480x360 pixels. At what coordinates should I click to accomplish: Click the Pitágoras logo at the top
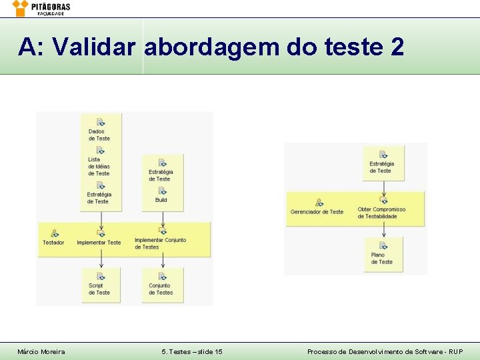tap(41, 8)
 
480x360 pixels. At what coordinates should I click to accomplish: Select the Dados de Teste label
tap(99, 135)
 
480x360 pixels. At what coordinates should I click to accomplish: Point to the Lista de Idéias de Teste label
tap(99, 167)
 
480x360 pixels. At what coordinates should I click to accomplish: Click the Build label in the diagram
tap(161, 200)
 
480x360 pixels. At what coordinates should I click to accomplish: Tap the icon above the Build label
tap(161, 191)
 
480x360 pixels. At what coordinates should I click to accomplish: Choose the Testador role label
tap(53, 243)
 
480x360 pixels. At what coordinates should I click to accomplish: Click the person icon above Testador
tap(55, 233)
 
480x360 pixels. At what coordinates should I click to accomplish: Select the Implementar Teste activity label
tap(99, 243)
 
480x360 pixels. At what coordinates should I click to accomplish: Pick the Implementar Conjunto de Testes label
tap(160, 243)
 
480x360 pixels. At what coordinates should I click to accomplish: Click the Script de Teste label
tap(99, 289)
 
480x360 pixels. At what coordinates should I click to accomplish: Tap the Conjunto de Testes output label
tap(161, 289)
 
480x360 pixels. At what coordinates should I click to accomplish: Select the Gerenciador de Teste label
tap(317, 212)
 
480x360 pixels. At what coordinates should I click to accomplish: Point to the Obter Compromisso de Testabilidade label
tap(381, 213)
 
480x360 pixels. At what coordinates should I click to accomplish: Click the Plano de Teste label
tap(382, 259)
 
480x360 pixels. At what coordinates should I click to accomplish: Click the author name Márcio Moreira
tap(41, 351)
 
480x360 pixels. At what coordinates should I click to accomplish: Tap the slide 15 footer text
tap(192, 351)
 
